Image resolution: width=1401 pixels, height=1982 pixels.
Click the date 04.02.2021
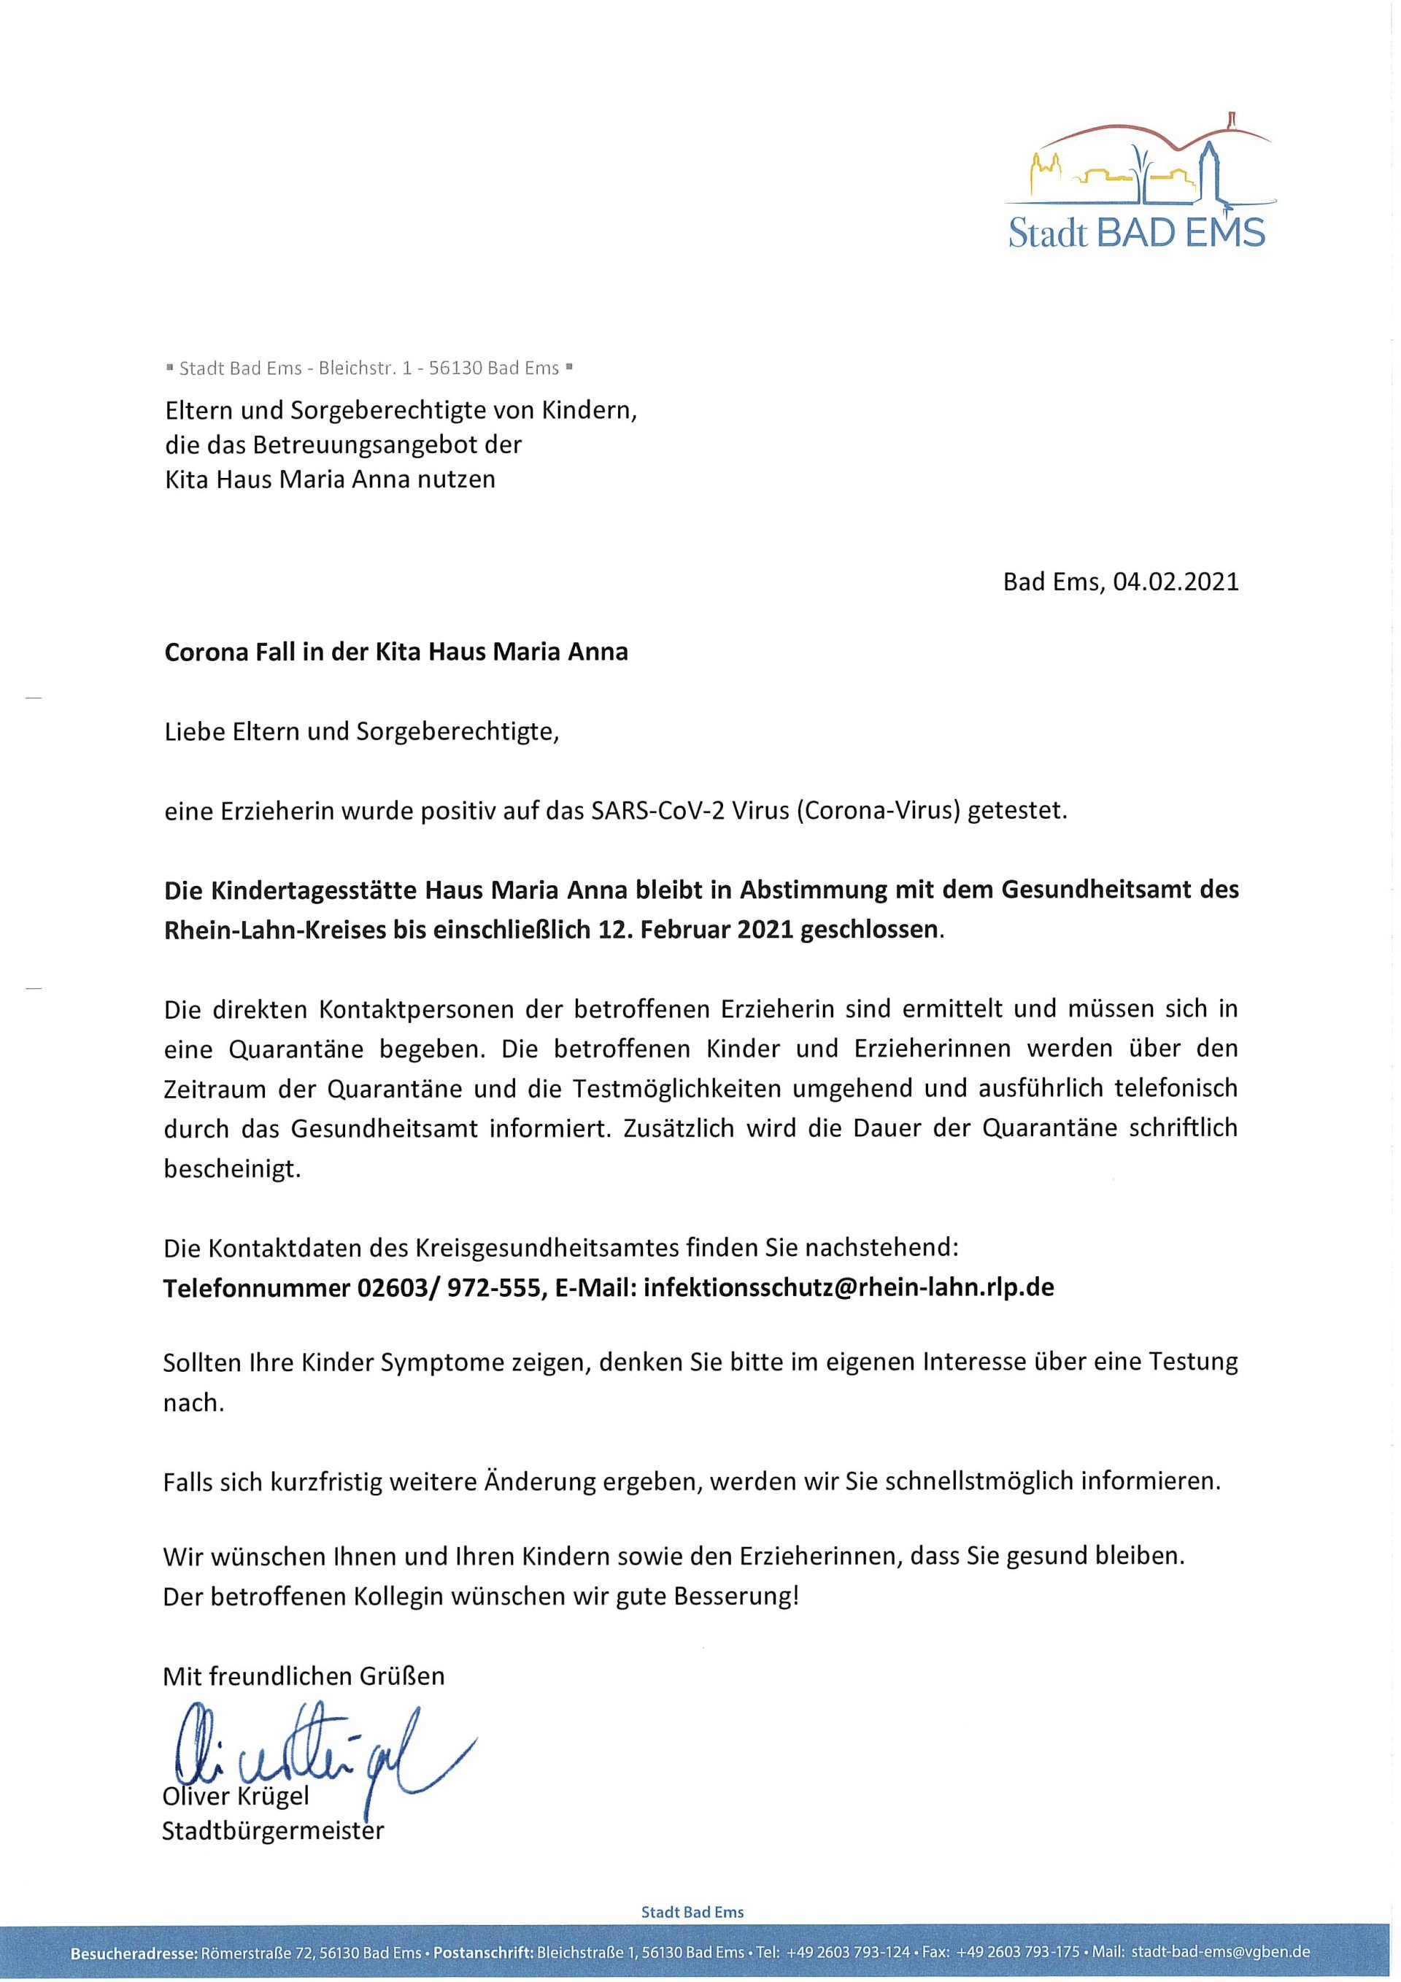(x=1175, y=582)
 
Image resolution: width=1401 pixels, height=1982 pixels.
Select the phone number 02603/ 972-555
(x=449, y=1288)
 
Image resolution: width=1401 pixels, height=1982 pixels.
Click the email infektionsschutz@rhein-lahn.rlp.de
(x=849, y=1288)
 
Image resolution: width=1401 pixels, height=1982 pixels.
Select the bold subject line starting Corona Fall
(x=396, y=651)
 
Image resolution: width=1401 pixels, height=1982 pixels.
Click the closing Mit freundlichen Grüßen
(x=304, y=1676)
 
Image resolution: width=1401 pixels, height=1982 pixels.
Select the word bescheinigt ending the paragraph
(x=231, y=1170)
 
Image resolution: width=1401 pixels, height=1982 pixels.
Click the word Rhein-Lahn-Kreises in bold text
(x=274, y=930)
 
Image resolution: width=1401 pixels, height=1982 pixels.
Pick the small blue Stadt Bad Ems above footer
(x=692, y=1912)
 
